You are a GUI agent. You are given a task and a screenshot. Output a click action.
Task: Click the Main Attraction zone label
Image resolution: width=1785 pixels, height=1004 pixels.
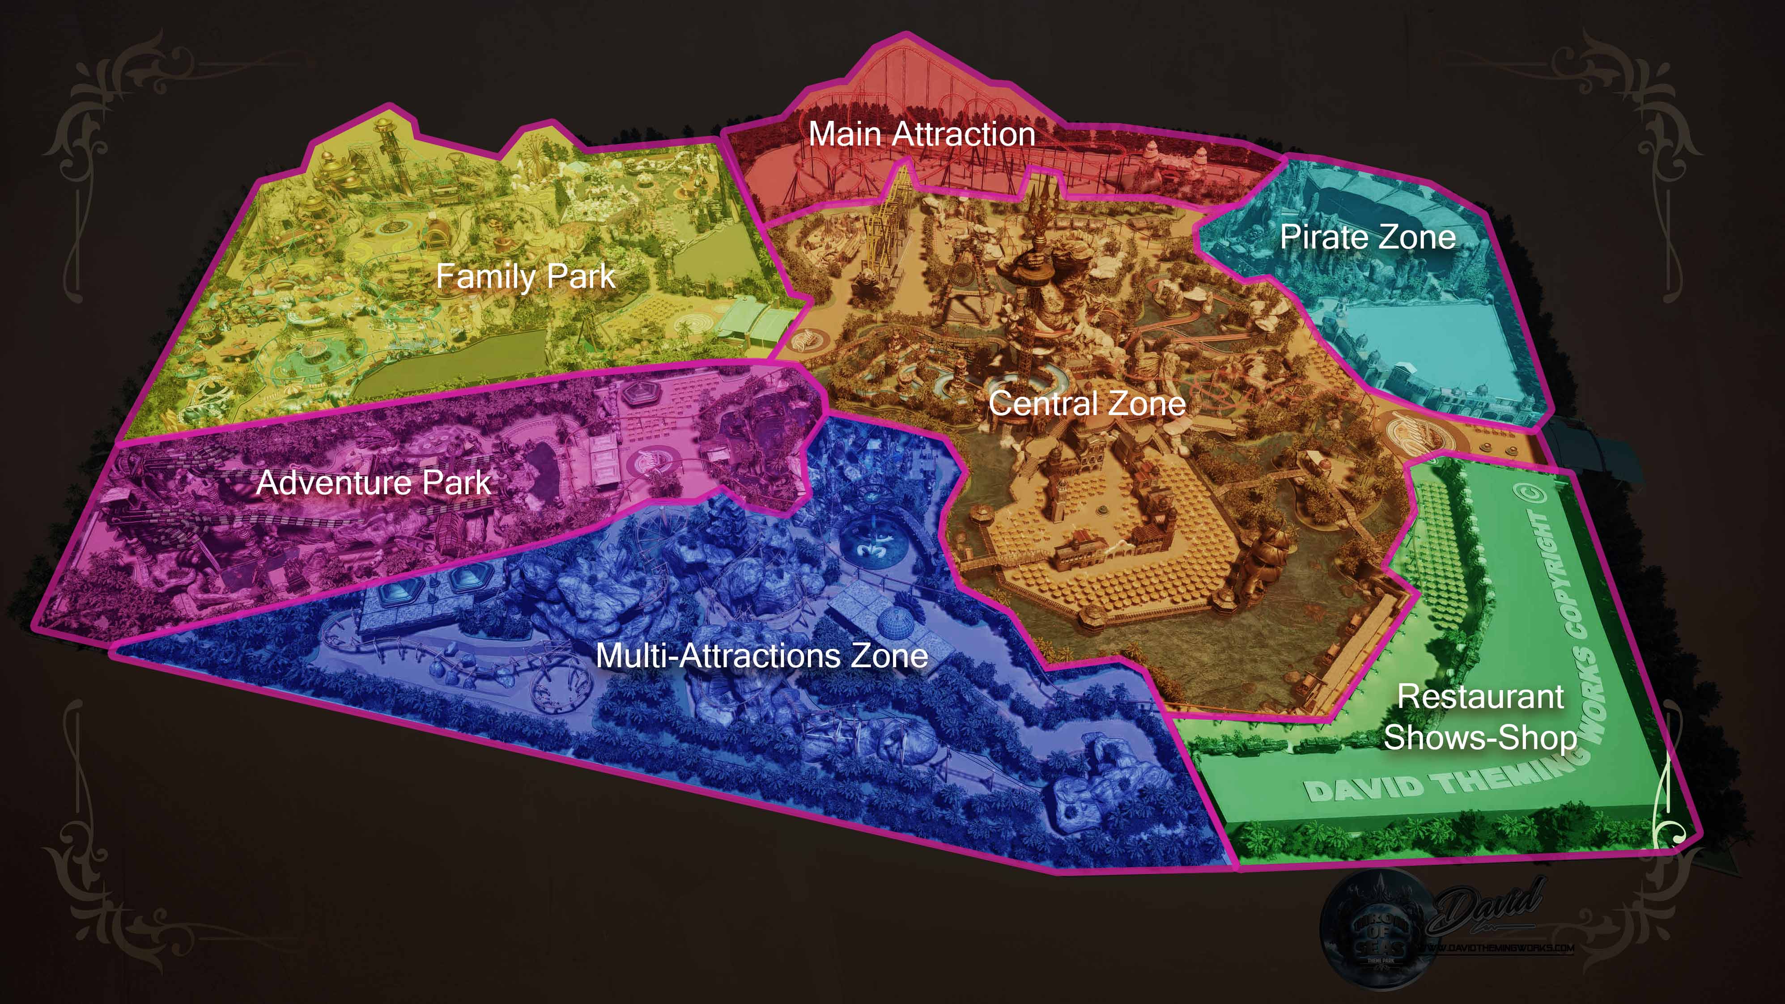point(922,134)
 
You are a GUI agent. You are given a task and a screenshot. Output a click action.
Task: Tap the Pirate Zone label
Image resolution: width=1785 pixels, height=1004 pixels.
point(1367,237)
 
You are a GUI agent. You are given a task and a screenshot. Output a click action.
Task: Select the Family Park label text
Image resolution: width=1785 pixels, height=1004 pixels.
point(525,276)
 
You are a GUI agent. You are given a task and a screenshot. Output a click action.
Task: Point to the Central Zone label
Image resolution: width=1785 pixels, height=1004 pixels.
point(1087,403)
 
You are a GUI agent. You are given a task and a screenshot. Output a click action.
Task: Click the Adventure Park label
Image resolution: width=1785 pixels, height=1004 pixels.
point(374,482)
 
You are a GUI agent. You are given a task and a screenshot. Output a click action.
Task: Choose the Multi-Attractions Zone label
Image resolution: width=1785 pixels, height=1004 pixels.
point(761,656)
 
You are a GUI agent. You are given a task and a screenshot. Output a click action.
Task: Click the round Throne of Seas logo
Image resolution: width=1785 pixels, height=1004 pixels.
point(1379,928)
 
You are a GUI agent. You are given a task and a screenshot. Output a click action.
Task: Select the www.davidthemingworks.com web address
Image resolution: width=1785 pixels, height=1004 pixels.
point(1497,948)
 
